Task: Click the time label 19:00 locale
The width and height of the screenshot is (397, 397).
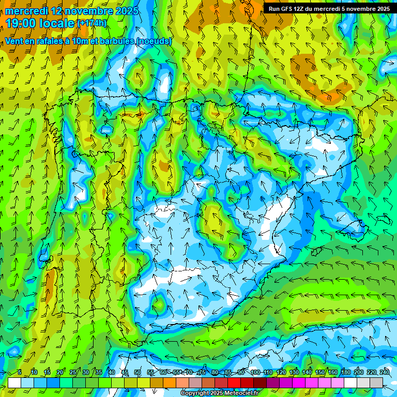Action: point(40,23)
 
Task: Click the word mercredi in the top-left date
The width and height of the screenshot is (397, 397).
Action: point(26,11)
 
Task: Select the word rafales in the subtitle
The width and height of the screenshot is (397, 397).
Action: point(55,41)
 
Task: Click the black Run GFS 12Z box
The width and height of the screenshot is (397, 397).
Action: point(329,9)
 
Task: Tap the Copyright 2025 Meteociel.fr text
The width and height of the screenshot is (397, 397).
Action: point(219,393)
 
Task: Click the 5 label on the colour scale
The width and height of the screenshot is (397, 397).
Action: point(20,373)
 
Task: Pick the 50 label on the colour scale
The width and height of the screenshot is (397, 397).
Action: point(138,373)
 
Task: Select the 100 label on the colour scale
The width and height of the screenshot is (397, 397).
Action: point(255,373)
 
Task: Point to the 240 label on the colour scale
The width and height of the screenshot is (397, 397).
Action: point(385,373)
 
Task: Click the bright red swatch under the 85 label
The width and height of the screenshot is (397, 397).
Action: point(234,383)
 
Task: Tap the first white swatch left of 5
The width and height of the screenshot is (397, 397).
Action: point(14,383)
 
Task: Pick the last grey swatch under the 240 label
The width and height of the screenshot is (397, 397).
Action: point(376,383)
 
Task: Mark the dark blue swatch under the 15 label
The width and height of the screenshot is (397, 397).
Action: point(53,383)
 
